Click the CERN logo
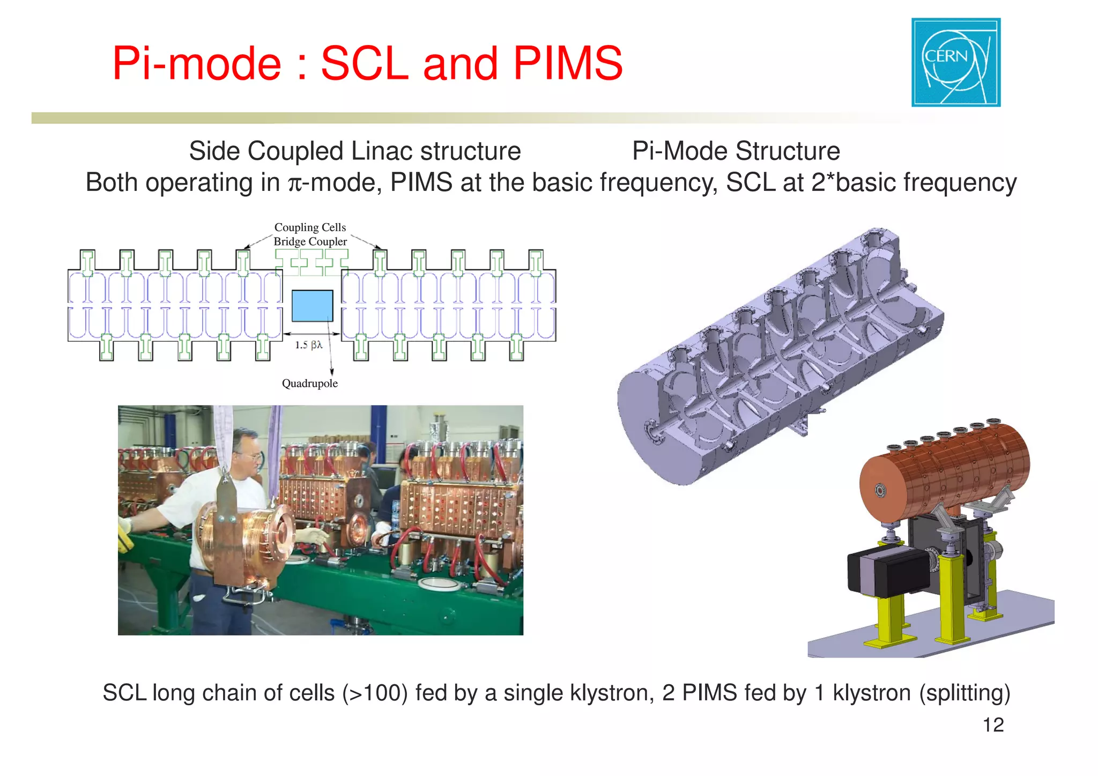pyautogui.click(x=955, y=62)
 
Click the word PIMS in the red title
pyautogui.click(x=568, y=63)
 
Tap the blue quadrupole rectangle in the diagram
pyautogui.click(x=313, y=306)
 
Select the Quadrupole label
pyautogui.click(x=310, y=383)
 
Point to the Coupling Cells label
pyautogui.click(x=310, y=227)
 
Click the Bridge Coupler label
pyautogui.click(x=310, y=242)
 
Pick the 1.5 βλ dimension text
pyautogui.click(x=309, y=345)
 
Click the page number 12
pyautogui.click(x=993, y=725)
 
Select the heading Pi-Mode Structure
pyautogui.click(x=736, y=151)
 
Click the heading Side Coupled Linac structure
pyautogui.click(x=355, y=151)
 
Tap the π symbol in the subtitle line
pyautogui.click(x=295, y=184)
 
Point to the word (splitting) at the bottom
pyautogui.click(x=965, y=693)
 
